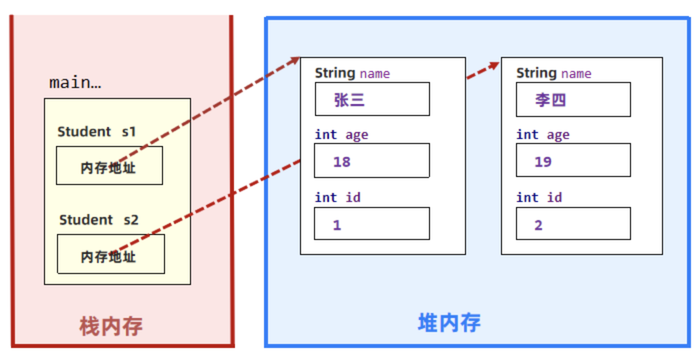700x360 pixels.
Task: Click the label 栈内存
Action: [111, 326]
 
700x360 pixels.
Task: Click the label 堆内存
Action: [449, 323]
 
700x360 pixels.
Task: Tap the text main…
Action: [75, 82]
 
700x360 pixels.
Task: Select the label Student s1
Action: [96, 131]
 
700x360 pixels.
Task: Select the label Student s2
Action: [98, 219]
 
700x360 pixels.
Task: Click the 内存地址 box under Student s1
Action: [109, 166]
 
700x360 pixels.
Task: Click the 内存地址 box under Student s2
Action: [110, 254]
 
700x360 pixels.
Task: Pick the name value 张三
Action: [349, 100]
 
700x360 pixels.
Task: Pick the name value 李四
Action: [550, 100]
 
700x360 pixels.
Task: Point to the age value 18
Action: [342, 161]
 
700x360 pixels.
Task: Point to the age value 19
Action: [543, 161]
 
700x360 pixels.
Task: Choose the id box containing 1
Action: [371, 224]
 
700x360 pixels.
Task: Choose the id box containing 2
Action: [573, 224]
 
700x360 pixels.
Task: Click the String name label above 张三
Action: [352, 73]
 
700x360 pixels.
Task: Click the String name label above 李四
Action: [553, 73]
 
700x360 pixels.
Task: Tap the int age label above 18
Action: [341, 135]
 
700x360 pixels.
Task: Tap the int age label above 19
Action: [543, 135]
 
